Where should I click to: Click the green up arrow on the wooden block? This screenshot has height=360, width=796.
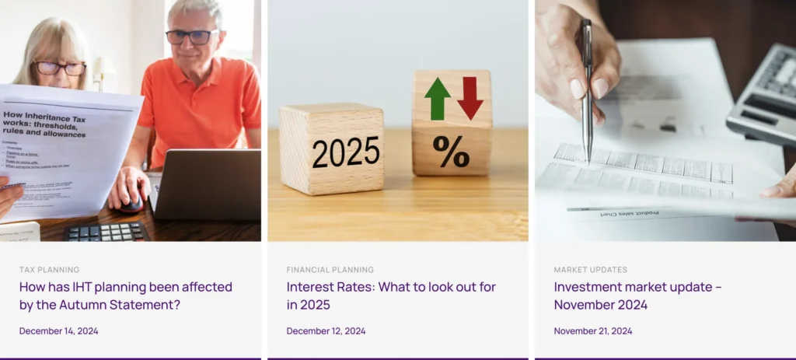pyautogui.click(x=438, y=99)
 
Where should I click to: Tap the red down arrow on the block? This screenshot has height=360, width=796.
pyautogui.click(x=470, y=98)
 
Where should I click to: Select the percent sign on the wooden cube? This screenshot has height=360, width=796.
pyautogui.click(x=452, y=152)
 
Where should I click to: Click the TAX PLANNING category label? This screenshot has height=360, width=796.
pyautogui.click(x=49, y=270)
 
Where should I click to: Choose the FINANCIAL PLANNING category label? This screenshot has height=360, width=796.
pyautogui.click(x=330, y=270)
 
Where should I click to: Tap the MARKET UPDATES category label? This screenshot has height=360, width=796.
pyautogui.click(x=590, y=270)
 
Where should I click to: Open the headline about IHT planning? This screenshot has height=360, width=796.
pyautogui.click(x=125, y=295)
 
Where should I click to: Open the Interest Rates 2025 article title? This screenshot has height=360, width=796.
pyautogui.click(x=390, y=295)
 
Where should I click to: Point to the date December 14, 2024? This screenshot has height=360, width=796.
pyautogui.click(x=58, y=331)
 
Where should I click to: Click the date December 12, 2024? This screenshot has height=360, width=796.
pyautogui.click(x=326, y=331)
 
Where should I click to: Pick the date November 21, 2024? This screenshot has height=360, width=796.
pyautogui.click(x=592, y=331)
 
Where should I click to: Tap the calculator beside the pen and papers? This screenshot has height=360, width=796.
pyautogui.click(x=765, y=93)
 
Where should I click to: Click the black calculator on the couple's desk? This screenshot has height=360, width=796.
pyautogui.click(x=106, y=232)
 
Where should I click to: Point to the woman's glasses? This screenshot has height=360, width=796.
pyautogui.click(x=59, y=68)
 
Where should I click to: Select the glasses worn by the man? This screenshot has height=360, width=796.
pyautogui.click(x=192, y=37)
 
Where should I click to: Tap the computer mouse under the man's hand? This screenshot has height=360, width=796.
pyautogui.click(x=132, y=203)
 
